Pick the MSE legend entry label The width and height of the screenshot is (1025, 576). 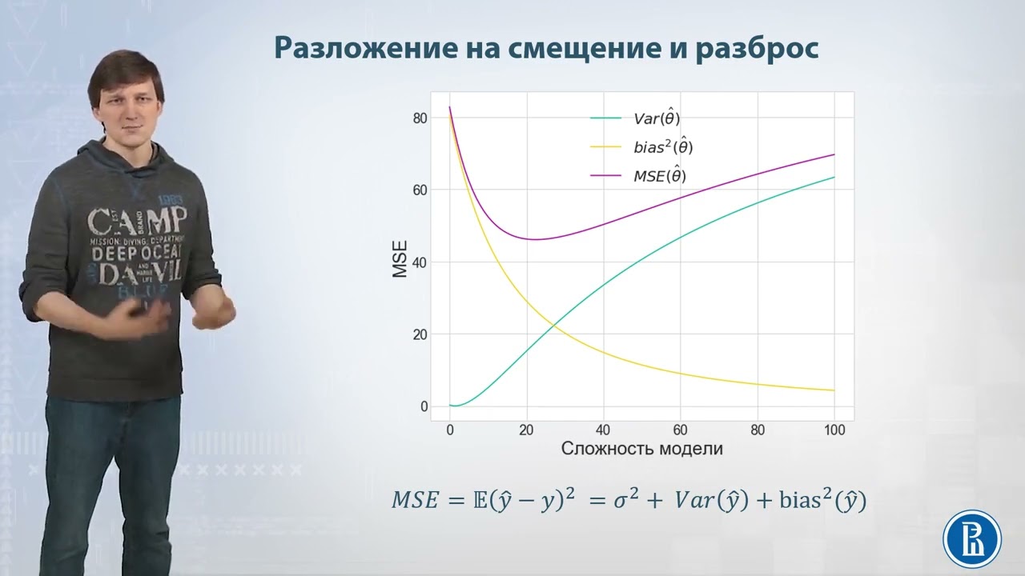(x=660, y=176)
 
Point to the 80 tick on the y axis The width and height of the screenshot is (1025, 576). (x=420, y=118)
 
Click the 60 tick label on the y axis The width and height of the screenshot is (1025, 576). (x=420, y=190)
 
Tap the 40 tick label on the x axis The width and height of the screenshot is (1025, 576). (x=604, y=430)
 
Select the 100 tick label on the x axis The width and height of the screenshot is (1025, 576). (x=834, y=430)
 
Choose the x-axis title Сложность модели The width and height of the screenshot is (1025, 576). (x=642, y=449)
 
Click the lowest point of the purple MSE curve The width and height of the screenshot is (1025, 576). (x=533, y=239)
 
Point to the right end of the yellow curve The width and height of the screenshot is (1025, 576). (x=834, y=390)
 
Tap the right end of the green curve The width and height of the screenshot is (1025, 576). (x=834, y=177)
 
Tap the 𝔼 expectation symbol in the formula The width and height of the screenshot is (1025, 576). (x=477, y=502)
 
